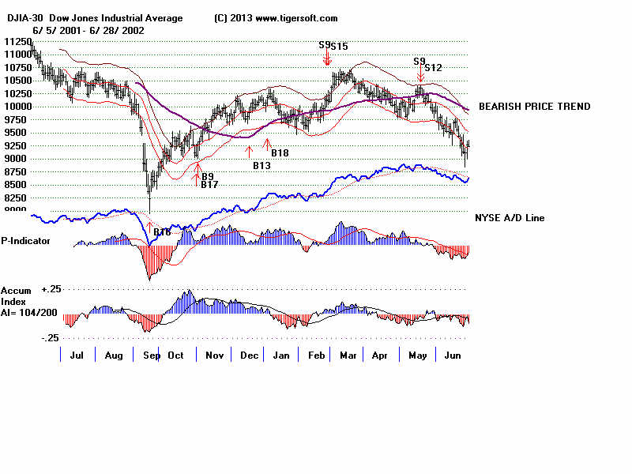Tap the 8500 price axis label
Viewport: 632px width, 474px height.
tap(18, 184)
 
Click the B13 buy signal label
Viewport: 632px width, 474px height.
tap(261, 165)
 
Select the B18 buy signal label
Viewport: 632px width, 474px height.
tap(280, 152)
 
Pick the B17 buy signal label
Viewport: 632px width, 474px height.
tap(209, 185)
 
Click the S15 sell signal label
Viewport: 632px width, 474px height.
tap(339, 47)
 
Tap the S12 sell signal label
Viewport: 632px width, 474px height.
tap(433, 68)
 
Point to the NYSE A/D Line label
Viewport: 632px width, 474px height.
tap(509, 218)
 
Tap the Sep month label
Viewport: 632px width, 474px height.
tap(148, 355)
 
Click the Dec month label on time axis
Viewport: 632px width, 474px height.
tap(249, 355)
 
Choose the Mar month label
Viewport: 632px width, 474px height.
tap(348, 355)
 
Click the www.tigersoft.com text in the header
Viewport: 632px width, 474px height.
tap(296, 18)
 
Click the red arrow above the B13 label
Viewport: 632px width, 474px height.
tap(250, 150)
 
